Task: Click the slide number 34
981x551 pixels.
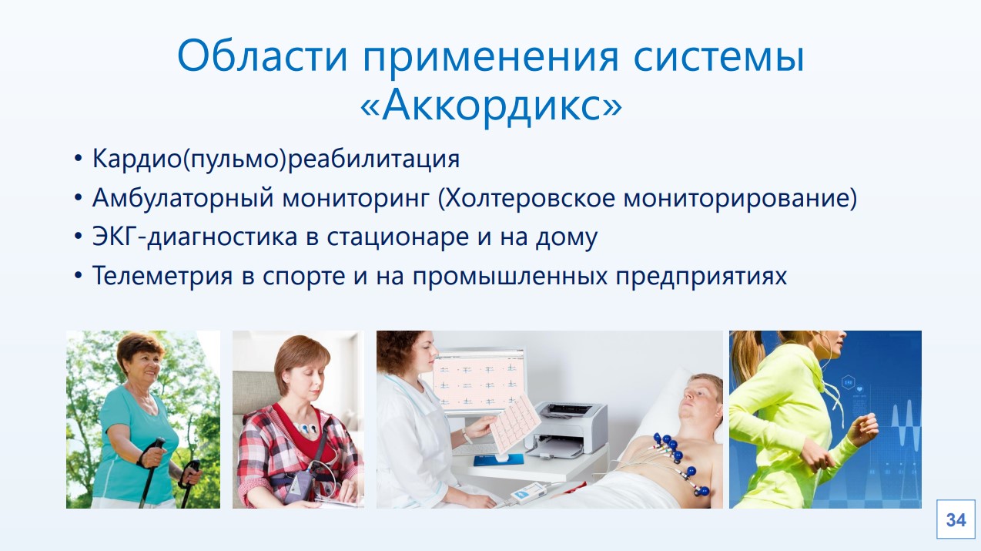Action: click(956, 520)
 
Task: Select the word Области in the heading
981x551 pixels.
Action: click(263, 56)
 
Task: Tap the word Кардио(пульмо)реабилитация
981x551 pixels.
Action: click(276, 159)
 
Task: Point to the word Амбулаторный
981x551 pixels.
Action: click(183, 198)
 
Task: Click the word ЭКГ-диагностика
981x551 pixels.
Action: click(195, 237)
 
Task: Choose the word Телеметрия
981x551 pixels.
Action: click(162, 276)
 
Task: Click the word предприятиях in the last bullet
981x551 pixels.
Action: click(701, 277)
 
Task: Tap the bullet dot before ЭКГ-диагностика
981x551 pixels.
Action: click(78, 237)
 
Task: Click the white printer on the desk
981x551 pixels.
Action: click(566, 429)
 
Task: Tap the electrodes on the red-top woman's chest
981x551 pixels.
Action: click(306, 428)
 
